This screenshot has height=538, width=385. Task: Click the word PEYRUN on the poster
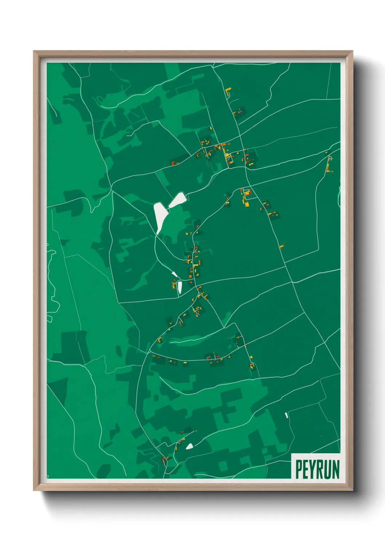317,469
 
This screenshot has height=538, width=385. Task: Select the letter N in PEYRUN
336,469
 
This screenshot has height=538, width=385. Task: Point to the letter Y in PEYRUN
313,469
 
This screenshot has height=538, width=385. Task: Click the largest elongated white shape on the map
159,217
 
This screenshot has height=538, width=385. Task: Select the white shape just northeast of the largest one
178,200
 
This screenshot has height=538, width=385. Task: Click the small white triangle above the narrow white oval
174,274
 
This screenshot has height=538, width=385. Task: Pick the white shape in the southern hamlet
190,446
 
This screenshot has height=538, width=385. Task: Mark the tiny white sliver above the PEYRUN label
286,415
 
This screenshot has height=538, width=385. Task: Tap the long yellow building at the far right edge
329,165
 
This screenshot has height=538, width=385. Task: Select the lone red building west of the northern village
174,163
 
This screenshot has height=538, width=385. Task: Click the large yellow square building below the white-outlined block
247,204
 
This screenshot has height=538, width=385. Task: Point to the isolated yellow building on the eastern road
281,246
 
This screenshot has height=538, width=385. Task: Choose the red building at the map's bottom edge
164,459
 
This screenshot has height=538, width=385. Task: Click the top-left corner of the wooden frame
34,51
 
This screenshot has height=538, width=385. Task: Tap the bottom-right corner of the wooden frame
352,490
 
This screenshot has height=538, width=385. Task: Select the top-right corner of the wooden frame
352,51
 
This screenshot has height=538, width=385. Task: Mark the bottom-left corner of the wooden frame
34,490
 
